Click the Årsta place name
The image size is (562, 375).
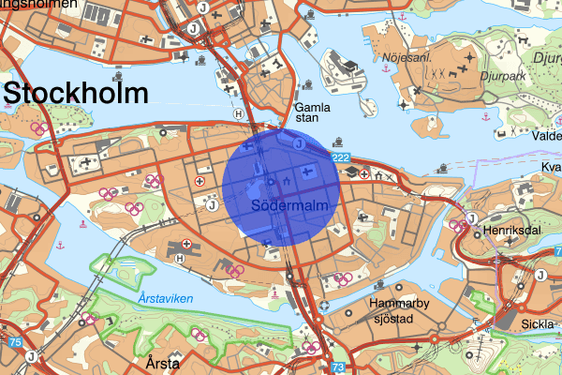(x=162, y=360)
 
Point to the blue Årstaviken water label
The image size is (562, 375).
(x=163, y=297)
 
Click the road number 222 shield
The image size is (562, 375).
(x=340, y=157)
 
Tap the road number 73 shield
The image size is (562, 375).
(x=339, y=367)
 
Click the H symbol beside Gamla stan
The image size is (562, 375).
(x=239, y=113)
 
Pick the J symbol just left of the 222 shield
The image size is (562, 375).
(x=300, y=144)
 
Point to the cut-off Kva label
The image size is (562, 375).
(x=551, y=168)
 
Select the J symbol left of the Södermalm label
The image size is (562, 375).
(x=213, y=203)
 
